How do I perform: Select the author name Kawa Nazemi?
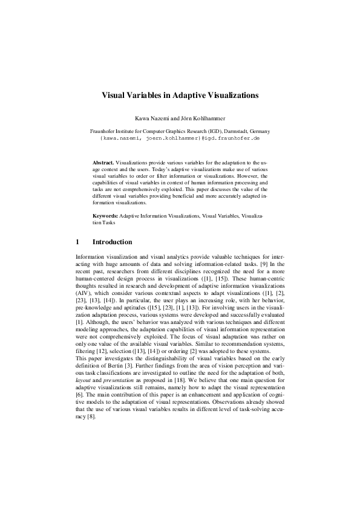156,117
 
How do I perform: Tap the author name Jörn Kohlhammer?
201,117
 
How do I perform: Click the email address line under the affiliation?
180,138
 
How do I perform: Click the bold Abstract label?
103,163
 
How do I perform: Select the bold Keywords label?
105,215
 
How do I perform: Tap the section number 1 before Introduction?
77,242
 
